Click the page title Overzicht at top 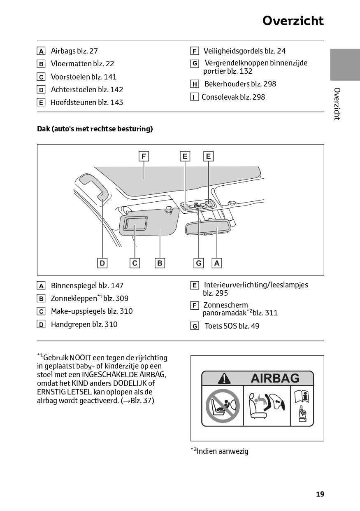293,21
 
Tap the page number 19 320,494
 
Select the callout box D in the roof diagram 102,263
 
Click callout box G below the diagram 199,263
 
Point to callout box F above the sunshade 144,156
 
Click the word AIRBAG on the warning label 275,378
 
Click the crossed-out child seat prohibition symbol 223,406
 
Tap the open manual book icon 302,397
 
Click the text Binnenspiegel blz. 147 87,286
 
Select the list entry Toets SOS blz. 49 232,326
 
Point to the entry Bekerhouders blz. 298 240,84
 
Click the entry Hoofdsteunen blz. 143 86,103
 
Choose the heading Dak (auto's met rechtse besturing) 95,129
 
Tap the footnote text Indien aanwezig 222,451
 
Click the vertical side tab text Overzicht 337,104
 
